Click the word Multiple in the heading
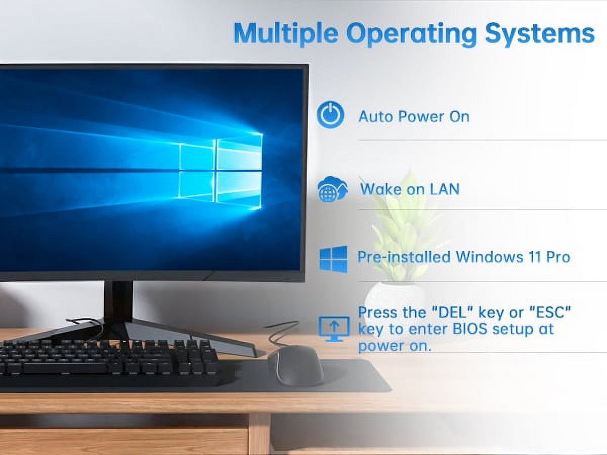click(x=286, y=34)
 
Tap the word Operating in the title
click(x=411, y=34)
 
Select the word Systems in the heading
click(x=540, y=34)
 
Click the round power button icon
click(x=330, y=115)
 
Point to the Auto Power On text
click(x=414, y=116)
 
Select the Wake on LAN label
click(x=410, y=189)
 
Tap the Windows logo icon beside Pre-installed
click(x=333, y=259)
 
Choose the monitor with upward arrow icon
click(x=334, y=329)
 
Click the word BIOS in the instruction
click(x=469, y=329)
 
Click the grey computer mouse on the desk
click(x=295, y=365)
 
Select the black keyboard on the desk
click(x=111, y=361)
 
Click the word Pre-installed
click(x=404, y=257)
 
